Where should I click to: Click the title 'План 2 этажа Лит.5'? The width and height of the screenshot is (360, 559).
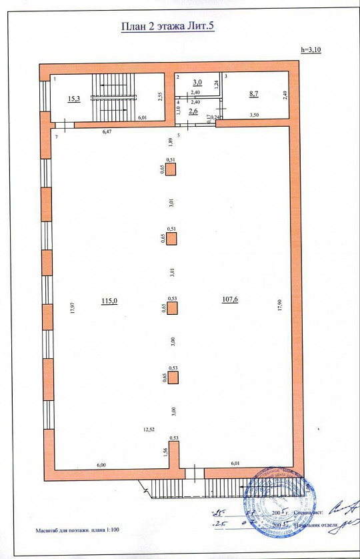pyautogui.click(x=167, y=27)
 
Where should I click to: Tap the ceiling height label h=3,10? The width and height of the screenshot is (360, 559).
pyautogui.click(x=311, y=50)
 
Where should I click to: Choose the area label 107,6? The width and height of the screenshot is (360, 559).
pyautogui.click(x=230, y=300)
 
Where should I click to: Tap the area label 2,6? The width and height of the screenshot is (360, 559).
pyautogui.click(x=193, y=111)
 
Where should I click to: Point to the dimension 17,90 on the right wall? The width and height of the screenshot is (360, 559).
pyautogui.click(x=280, y=304)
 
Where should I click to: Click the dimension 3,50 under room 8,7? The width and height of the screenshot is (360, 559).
pyautogui.click(x=255, y=115)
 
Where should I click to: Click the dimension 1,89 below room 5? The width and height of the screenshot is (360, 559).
pyautogui.click(x=171, y=141)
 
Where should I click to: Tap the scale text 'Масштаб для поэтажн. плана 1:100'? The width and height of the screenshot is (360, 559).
pyautogui.click(x=78, y=532)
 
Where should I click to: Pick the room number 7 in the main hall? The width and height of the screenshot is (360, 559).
pyautogui.click(x=57, y=136)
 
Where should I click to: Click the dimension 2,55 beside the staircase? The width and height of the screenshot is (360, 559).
pyautogui.click(x=160, y=96)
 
